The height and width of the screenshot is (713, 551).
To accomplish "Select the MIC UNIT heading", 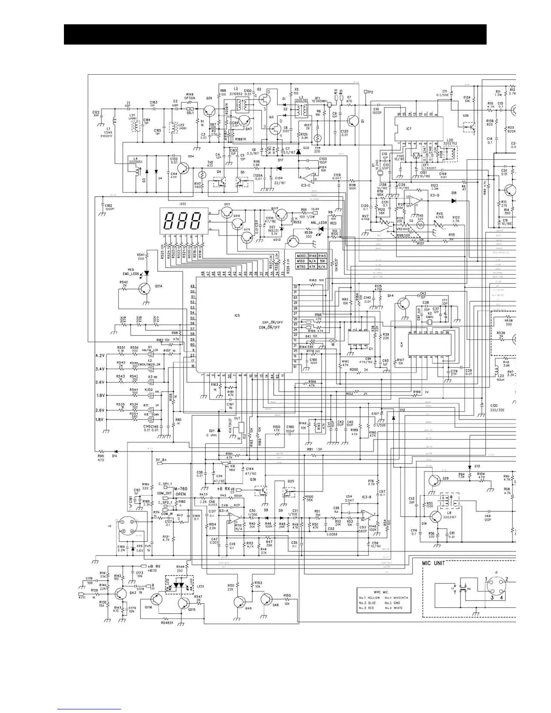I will [434, 563].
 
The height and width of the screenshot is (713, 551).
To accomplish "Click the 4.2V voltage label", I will [100, 356].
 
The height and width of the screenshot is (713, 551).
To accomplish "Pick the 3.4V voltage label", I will [100, 369].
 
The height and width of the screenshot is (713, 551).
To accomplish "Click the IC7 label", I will [408, 129].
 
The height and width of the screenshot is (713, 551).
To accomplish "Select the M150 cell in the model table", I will [301, 261].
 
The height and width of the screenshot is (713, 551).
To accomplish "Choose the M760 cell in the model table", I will [301, 266].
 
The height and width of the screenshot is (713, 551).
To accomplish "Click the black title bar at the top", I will [275, 35].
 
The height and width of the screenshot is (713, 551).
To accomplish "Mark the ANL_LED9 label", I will [319, 222].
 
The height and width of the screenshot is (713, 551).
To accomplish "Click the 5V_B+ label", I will [161, 460].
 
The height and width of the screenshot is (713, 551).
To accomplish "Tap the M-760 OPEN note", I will [180, 491].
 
